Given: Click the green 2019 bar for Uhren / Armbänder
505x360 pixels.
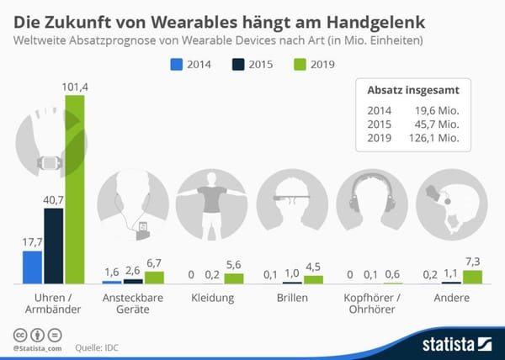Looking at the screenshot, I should [75, 188].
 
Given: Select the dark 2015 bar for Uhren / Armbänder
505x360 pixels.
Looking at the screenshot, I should [54, 244].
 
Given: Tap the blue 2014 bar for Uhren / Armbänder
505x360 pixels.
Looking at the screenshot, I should [32, 267].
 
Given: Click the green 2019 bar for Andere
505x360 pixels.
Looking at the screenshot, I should [473, 276].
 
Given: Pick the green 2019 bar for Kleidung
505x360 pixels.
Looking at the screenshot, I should [233, 278].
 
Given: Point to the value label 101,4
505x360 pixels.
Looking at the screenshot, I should [75, 86].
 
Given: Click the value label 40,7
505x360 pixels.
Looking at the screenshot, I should [54, 199].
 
